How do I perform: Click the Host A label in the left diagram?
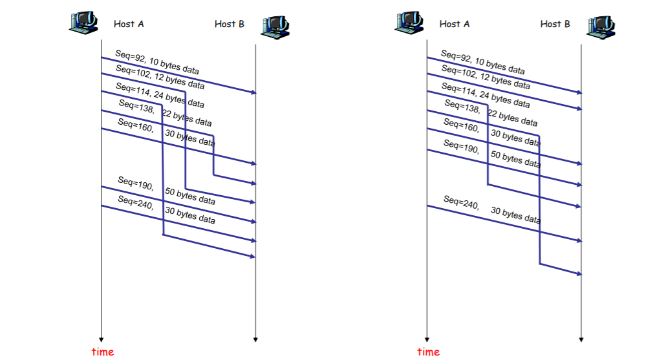[x=129, y=24]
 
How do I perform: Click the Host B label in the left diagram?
[x=230, y=24]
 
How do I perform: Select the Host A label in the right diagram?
[x=454, y=24]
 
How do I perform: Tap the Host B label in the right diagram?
[x=555, y=24]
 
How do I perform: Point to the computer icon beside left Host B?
[x=275, y=25]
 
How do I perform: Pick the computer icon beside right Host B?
[x=601, y=25]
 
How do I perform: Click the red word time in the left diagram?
[x=102, y=352]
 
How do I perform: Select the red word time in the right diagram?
[x=428, y=352]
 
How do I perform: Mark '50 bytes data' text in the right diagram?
[x=515, y=159]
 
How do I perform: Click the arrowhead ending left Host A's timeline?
[x=102, y=339]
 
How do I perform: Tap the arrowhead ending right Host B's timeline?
[x=581, y=339]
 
